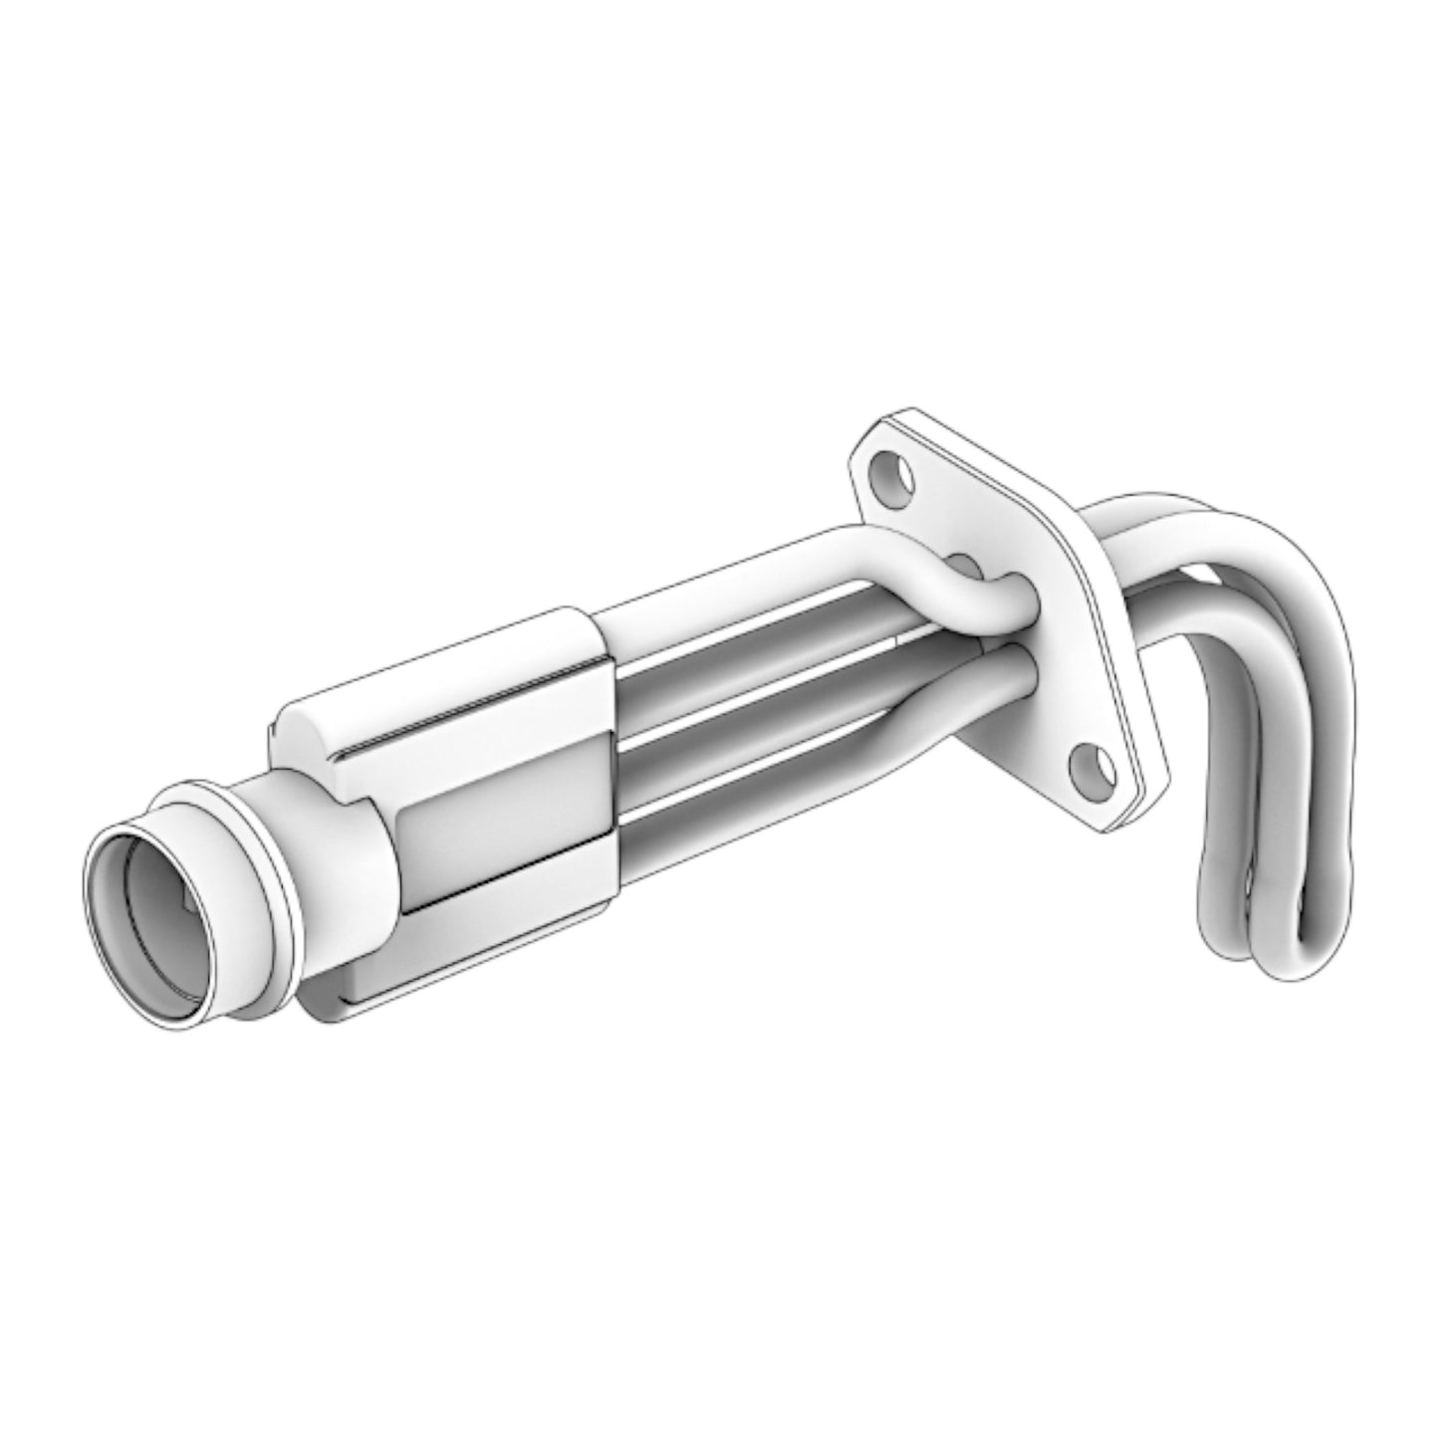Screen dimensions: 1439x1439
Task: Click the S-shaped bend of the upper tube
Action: click(x=946, y=583)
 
